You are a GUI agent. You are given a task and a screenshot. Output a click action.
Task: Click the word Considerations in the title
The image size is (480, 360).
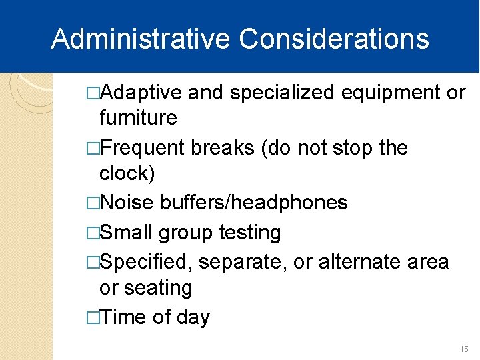point(334,39)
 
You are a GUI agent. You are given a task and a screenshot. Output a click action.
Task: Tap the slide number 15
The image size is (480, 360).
point(465,349)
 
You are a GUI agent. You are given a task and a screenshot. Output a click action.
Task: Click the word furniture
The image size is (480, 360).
point(138,118)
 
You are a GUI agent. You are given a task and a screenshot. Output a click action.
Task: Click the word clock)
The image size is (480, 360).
point(127,173)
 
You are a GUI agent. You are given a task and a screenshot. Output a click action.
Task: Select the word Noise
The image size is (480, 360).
point(127,202)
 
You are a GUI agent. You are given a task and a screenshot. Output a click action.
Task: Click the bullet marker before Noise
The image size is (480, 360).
point(93,203)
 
